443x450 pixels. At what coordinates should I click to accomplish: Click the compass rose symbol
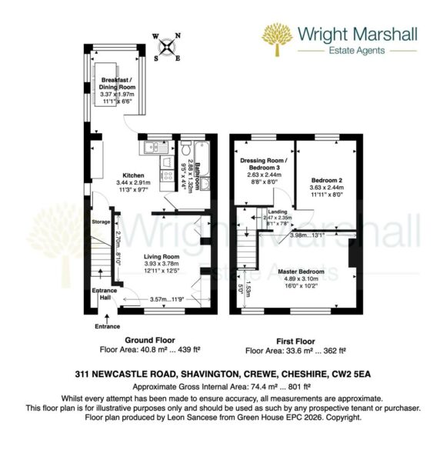(166, 45)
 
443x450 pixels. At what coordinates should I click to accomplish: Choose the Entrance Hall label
(104, 296)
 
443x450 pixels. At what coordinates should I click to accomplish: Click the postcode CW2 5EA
(353, 373)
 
